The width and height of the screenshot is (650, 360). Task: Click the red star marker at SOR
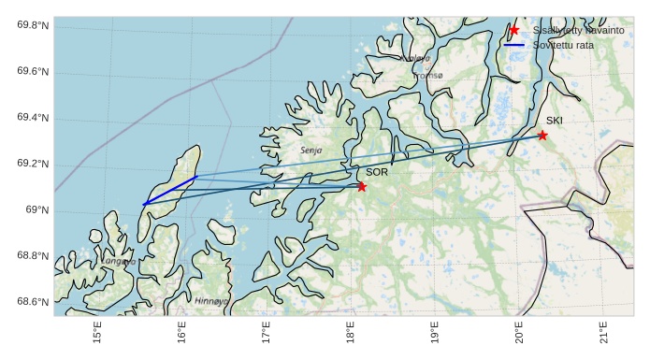pos(362,187)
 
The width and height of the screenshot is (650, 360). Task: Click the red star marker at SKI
pos(542,136)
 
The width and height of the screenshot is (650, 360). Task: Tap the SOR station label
pos(377,172)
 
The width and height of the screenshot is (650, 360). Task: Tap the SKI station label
pos(555,121)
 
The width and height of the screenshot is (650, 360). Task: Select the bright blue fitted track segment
pos(169,190)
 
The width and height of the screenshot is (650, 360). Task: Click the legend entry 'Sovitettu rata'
pos(563,45)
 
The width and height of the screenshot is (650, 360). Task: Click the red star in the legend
pos(514,30)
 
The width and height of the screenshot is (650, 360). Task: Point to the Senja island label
pos(311,150)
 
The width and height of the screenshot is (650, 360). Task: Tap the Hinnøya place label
pos(210,301)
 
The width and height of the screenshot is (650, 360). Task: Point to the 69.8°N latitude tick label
pos(32,25)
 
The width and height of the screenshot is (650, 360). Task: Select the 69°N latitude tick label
pos(37,210)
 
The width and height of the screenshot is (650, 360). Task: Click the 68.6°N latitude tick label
pos(32,302)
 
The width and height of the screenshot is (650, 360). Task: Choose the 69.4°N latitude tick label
pos(32,118)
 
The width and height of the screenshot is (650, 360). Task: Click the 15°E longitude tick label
pos(97,334)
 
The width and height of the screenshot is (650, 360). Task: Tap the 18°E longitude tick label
pos(350,334)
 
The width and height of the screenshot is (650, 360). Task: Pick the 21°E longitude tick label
pos(602,334)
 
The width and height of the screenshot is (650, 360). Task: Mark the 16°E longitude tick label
pos(181,334)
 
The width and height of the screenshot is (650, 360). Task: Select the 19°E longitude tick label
pos(434,334)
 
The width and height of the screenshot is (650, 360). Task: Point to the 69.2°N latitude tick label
pos(32,165)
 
